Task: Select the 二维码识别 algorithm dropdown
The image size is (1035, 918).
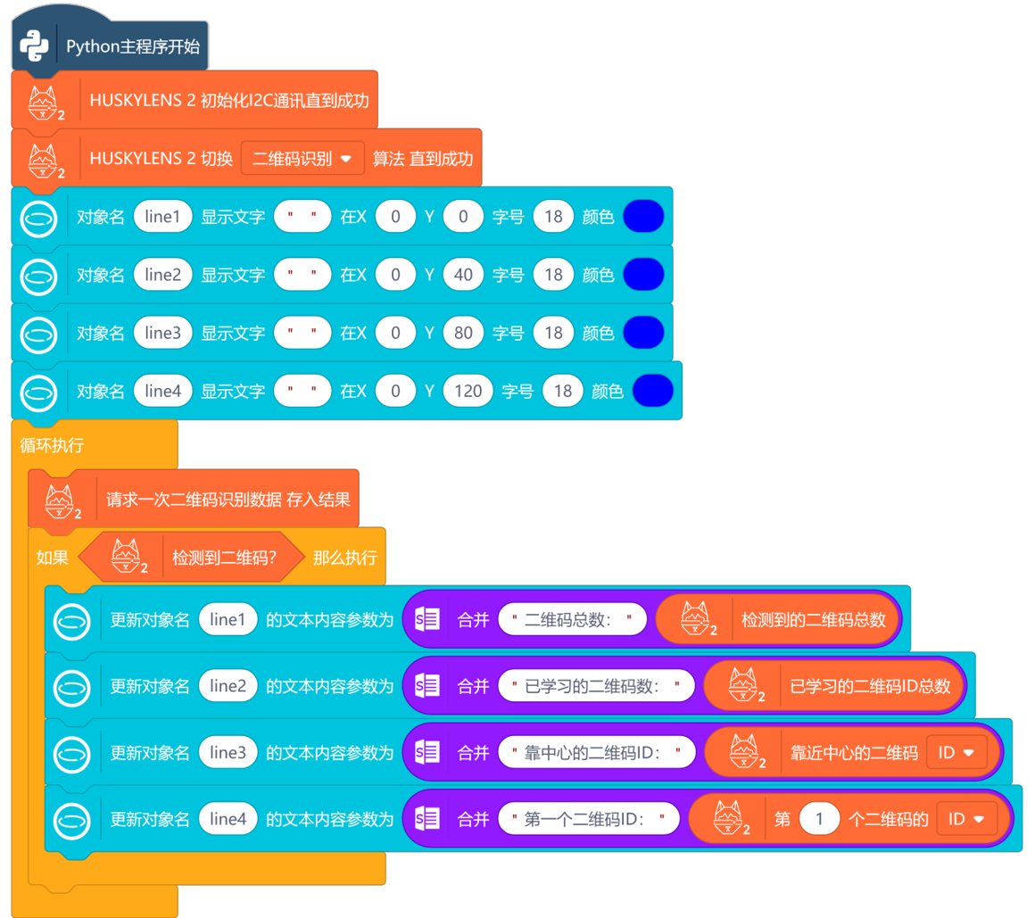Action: [302, 159]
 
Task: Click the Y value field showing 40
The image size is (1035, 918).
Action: [462, 275]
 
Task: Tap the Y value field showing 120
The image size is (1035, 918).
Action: [468, 391]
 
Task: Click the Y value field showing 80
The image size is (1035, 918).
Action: [462, 333]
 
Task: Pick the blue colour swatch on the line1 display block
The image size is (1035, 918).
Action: [643, 217]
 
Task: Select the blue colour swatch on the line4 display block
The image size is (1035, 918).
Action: [652, 391]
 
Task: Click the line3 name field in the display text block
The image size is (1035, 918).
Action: [162, 333]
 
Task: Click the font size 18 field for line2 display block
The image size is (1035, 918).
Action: [553, 275]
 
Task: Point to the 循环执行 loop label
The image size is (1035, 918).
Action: [52, 444]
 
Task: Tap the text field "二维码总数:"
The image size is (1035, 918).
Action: [572, 619]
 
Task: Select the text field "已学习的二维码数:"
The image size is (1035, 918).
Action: [596, 686]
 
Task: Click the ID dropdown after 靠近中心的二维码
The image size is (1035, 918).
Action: [956, 752]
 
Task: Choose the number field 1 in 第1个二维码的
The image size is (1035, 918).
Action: [819, 819]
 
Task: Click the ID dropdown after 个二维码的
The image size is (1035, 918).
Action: [966, 819]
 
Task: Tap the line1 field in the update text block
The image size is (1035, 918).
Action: [228, 619]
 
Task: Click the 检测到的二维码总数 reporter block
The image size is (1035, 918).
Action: [814, 619]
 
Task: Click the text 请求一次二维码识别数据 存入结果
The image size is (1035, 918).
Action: [228, 499]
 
